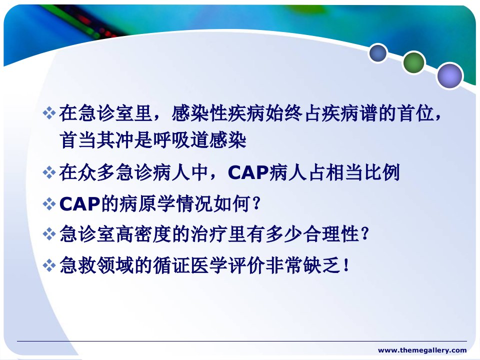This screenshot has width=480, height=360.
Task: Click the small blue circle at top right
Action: click(378, 53)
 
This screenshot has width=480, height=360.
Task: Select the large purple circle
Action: click(449, 75)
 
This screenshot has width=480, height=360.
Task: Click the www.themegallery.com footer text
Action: click(422, 350)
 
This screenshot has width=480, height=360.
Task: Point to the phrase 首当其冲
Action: click(96, 140)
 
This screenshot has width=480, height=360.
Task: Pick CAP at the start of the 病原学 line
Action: click(79, 204)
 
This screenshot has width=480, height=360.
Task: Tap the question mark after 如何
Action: click(256, 203)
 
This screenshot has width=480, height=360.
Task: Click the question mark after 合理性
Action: click(364, 234)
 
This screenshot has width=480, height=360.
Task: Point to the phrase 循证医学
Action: click(190, 265)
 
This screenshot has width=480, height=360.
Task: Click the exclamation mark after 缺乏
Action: click(346, 265)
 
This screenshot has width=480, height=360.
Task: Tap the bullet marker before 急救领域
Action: click(49, 265)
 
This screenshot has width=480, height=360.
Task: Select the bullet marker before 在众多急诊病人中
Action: click(49, 172)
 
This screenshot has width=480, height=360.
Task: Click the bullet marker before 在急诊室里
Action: click(49, 113)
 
